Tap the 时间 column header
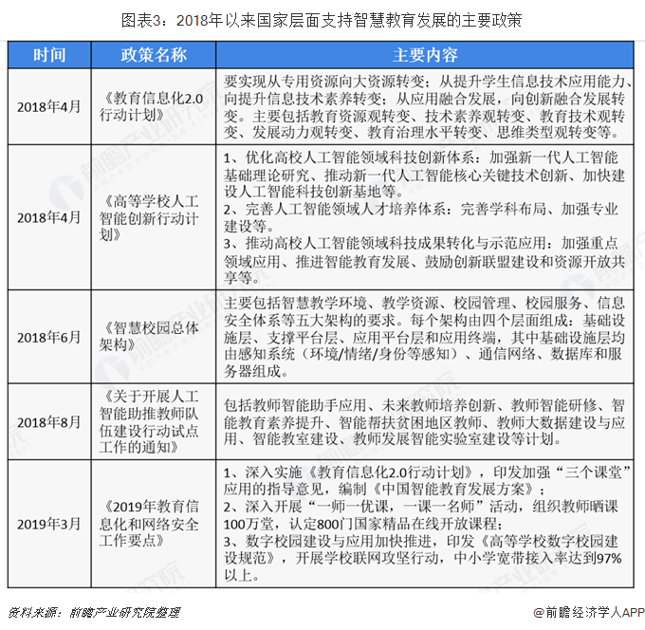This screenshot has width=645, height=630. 50,55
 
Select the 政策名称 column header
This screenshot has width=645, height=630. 154,55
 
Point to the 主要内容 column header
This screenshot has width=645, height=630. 425,55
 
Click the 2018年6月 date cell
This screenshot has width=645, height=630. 50,338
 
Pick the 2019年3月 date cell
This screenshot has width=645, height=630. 50,524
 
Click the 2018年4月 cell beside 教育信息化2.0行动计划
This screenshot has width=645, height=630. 50,106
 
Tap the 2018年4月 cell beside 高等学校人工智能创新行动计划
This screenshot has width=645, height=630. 50,216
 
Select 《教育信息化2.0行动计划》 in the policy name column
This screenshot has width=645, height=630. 154,106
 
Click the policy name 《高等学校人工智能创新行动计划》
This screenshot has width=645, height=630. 154,216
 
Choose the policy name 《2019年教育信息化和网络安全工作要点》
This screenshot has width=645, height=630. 154,524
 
